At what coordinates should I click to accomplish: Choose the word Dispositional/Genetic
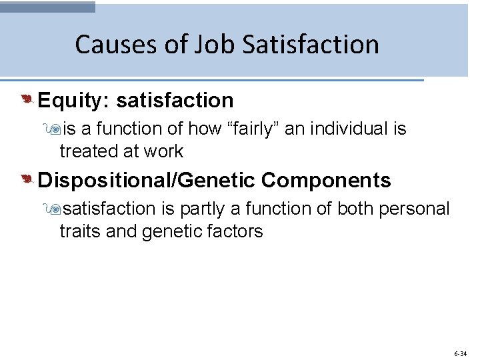(x=147, y=180)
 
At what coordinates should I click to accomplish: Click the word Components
(x=326, y=180)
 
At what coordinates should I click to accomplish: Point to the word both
(x=355, y=209)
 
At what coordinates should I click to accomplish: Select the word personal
(x=414, y=209)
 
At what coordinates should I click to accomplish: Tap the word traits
(x=78, y=231)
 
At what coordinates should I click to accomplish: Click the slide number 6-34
(x=459, y=353)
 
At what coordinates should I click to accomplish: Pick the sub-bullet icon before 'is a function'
(x=65, y=129)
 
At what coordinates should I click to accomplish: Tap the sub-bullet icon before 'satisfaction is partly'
(x=65, y=209)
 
